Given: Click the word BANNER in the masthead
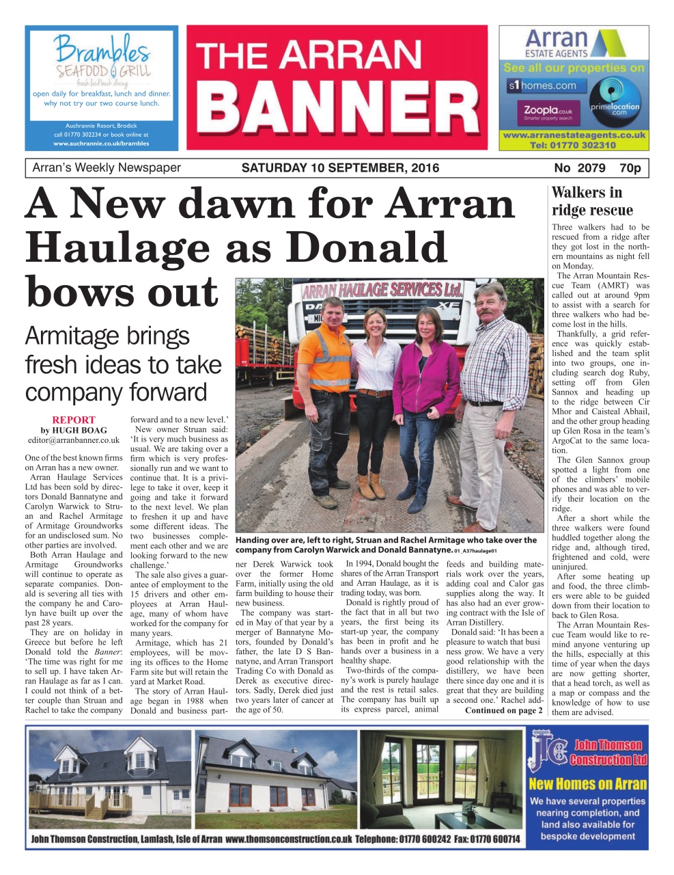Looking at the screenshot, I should pos(337,107).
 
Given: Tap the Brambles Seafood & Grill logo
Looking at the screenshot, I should pos(102,57).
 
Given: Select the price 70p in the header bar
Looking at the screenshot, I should pos(630,168).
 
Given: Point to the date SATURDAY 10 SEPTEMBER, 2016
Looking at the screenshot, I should pos(340,168).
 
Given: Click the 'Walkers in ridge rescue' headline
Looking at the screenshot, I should pos(592,201).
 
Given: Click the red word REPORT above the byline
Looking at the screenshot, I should pos(74,420).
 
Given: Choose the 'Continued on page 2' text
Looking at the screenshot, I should pos(504,710).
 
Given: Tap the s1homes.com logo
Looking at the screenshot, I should pos(543,86).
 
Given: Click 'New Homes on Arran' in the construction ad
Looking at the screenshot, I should pos(587,784).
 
